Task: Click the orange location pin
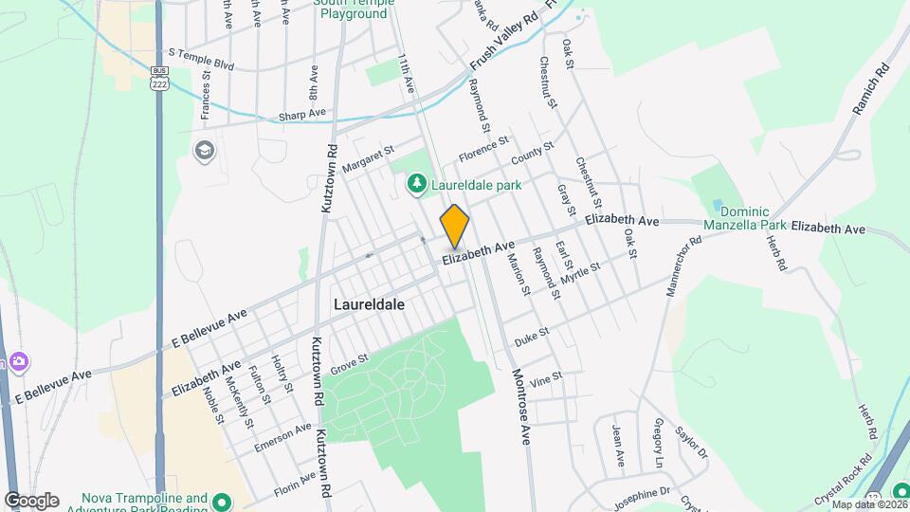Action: point(455,226)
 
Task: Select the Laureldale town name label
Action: point(369,304)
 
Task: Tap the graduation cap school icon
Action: point(204,150)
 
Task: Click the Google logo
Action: point(30,501)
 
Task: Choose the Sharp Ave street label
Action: point(301,116)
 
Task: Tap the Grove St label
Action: point(348,363)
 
